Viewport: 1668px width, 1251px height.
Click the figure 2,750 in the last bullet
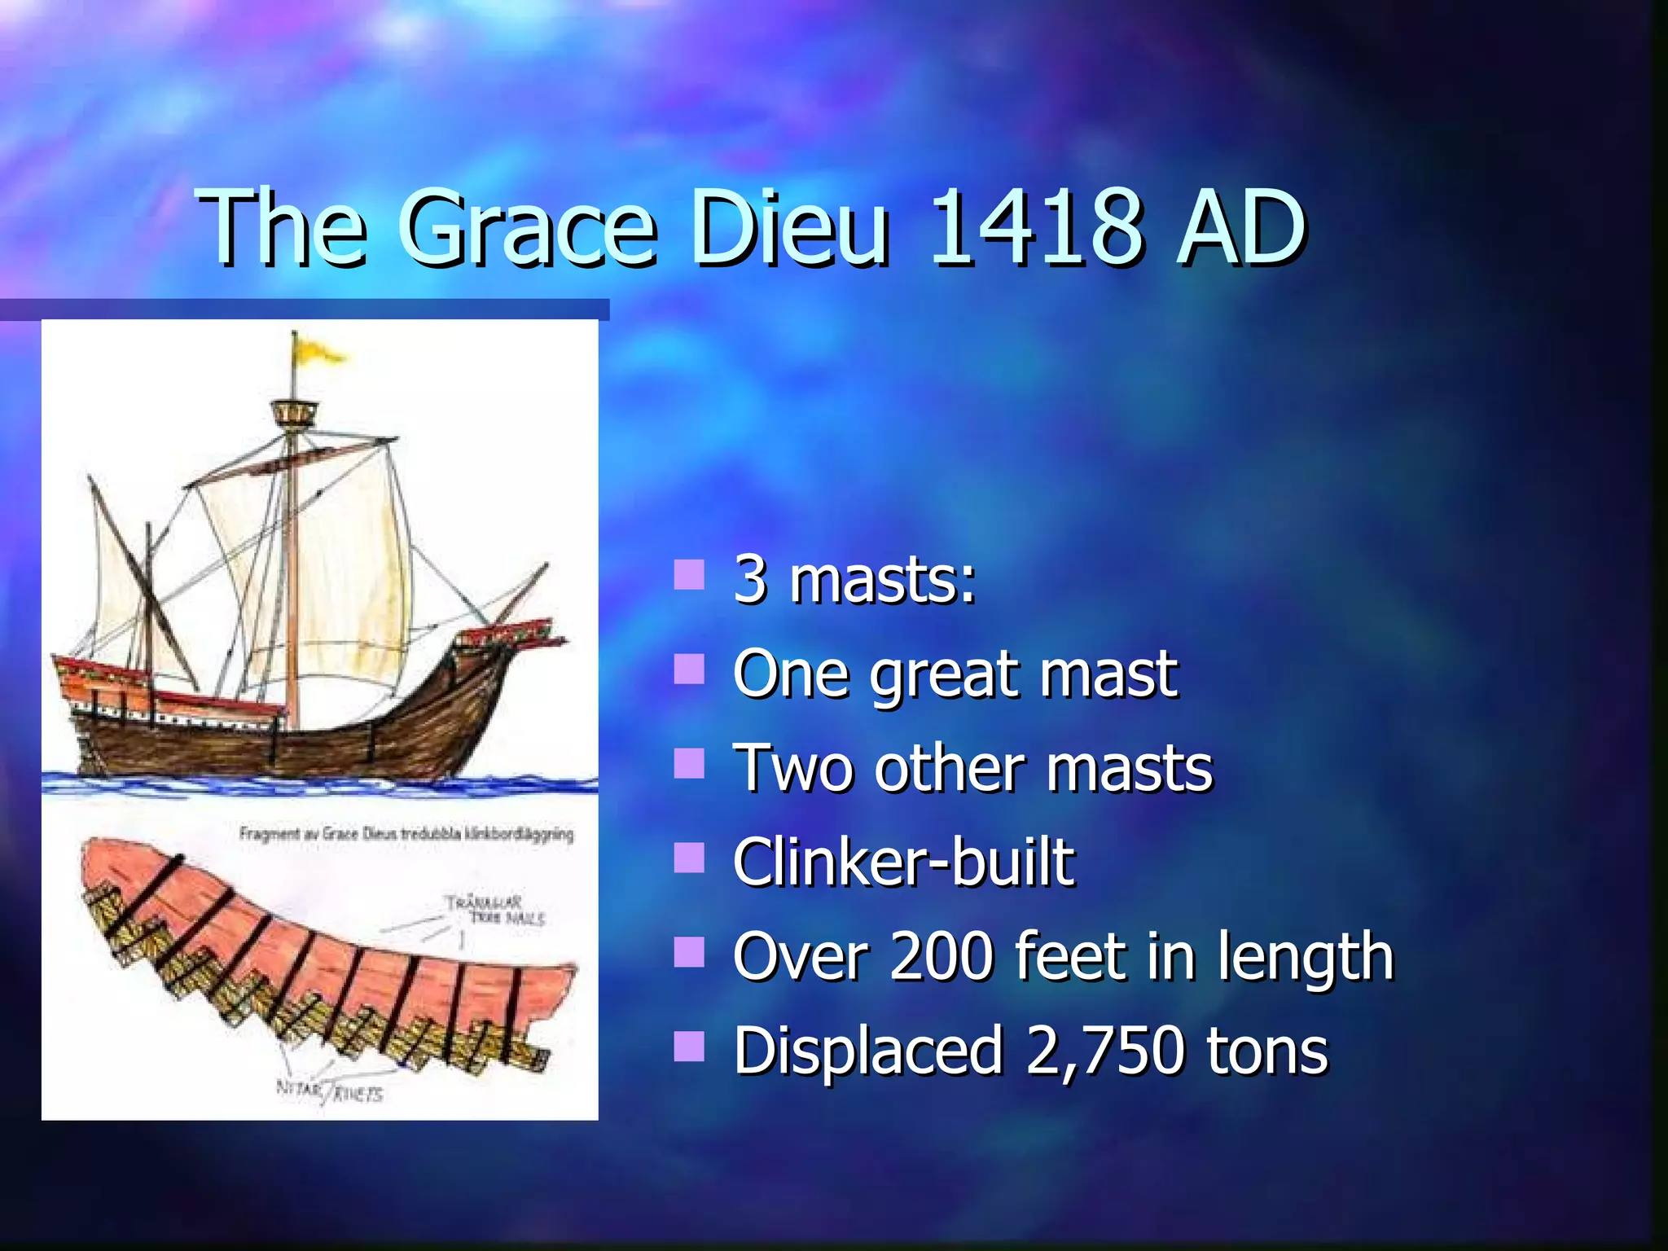[x=1104, y=1050]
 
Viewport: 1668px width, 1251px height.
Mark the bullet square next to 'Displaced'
[x=689, y=1047]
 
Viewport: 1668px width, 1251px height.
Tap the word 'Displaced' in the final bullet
[x=867, y=1050]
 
